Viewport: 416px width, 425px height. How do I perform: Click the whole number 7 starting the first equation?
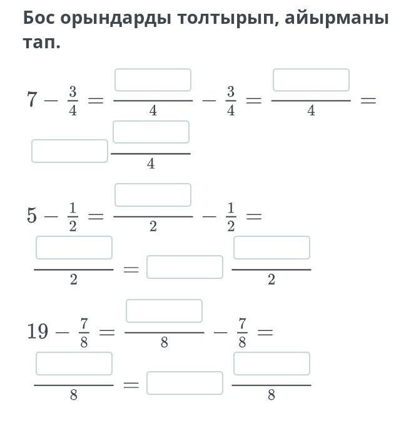coord(32,99)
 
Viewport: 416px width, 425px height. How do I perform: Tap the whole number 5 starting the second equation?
coord(32,216)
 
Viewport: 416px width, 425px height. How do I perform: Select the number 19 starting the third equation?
coord(38,330)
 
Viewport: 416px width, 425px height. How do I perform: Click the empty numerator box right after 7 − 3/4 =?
coord(153,80)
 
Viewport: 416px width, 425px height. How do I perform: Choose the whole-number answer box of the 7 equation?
coord(69,151)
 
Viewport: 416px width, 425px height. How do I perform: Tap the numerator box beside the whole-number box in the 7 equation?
coord(151,132)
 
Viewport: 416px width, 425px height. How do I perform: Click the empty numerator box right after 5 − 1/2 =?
coord(153,195)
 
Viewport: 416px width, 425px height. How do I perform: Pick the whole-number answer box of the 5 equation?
coord(185,267)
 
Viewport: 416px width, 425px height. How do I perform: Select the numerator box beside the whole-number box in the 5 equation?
coord(271,248)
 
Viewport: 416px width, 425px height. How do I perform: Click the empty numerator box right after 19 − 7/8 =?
coord(164,311)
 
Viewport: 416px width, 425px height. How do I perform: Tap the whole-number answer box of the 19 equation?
coord(185,383)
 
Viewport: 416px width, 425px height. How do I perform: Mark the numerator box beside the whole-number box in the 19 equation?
coord(271,364)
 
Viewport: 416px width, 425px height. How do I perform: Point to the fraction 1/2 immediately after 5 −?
coord(73,216)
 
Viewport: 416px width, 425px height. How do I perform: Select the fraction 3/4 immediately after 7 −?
coord(73,100)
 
